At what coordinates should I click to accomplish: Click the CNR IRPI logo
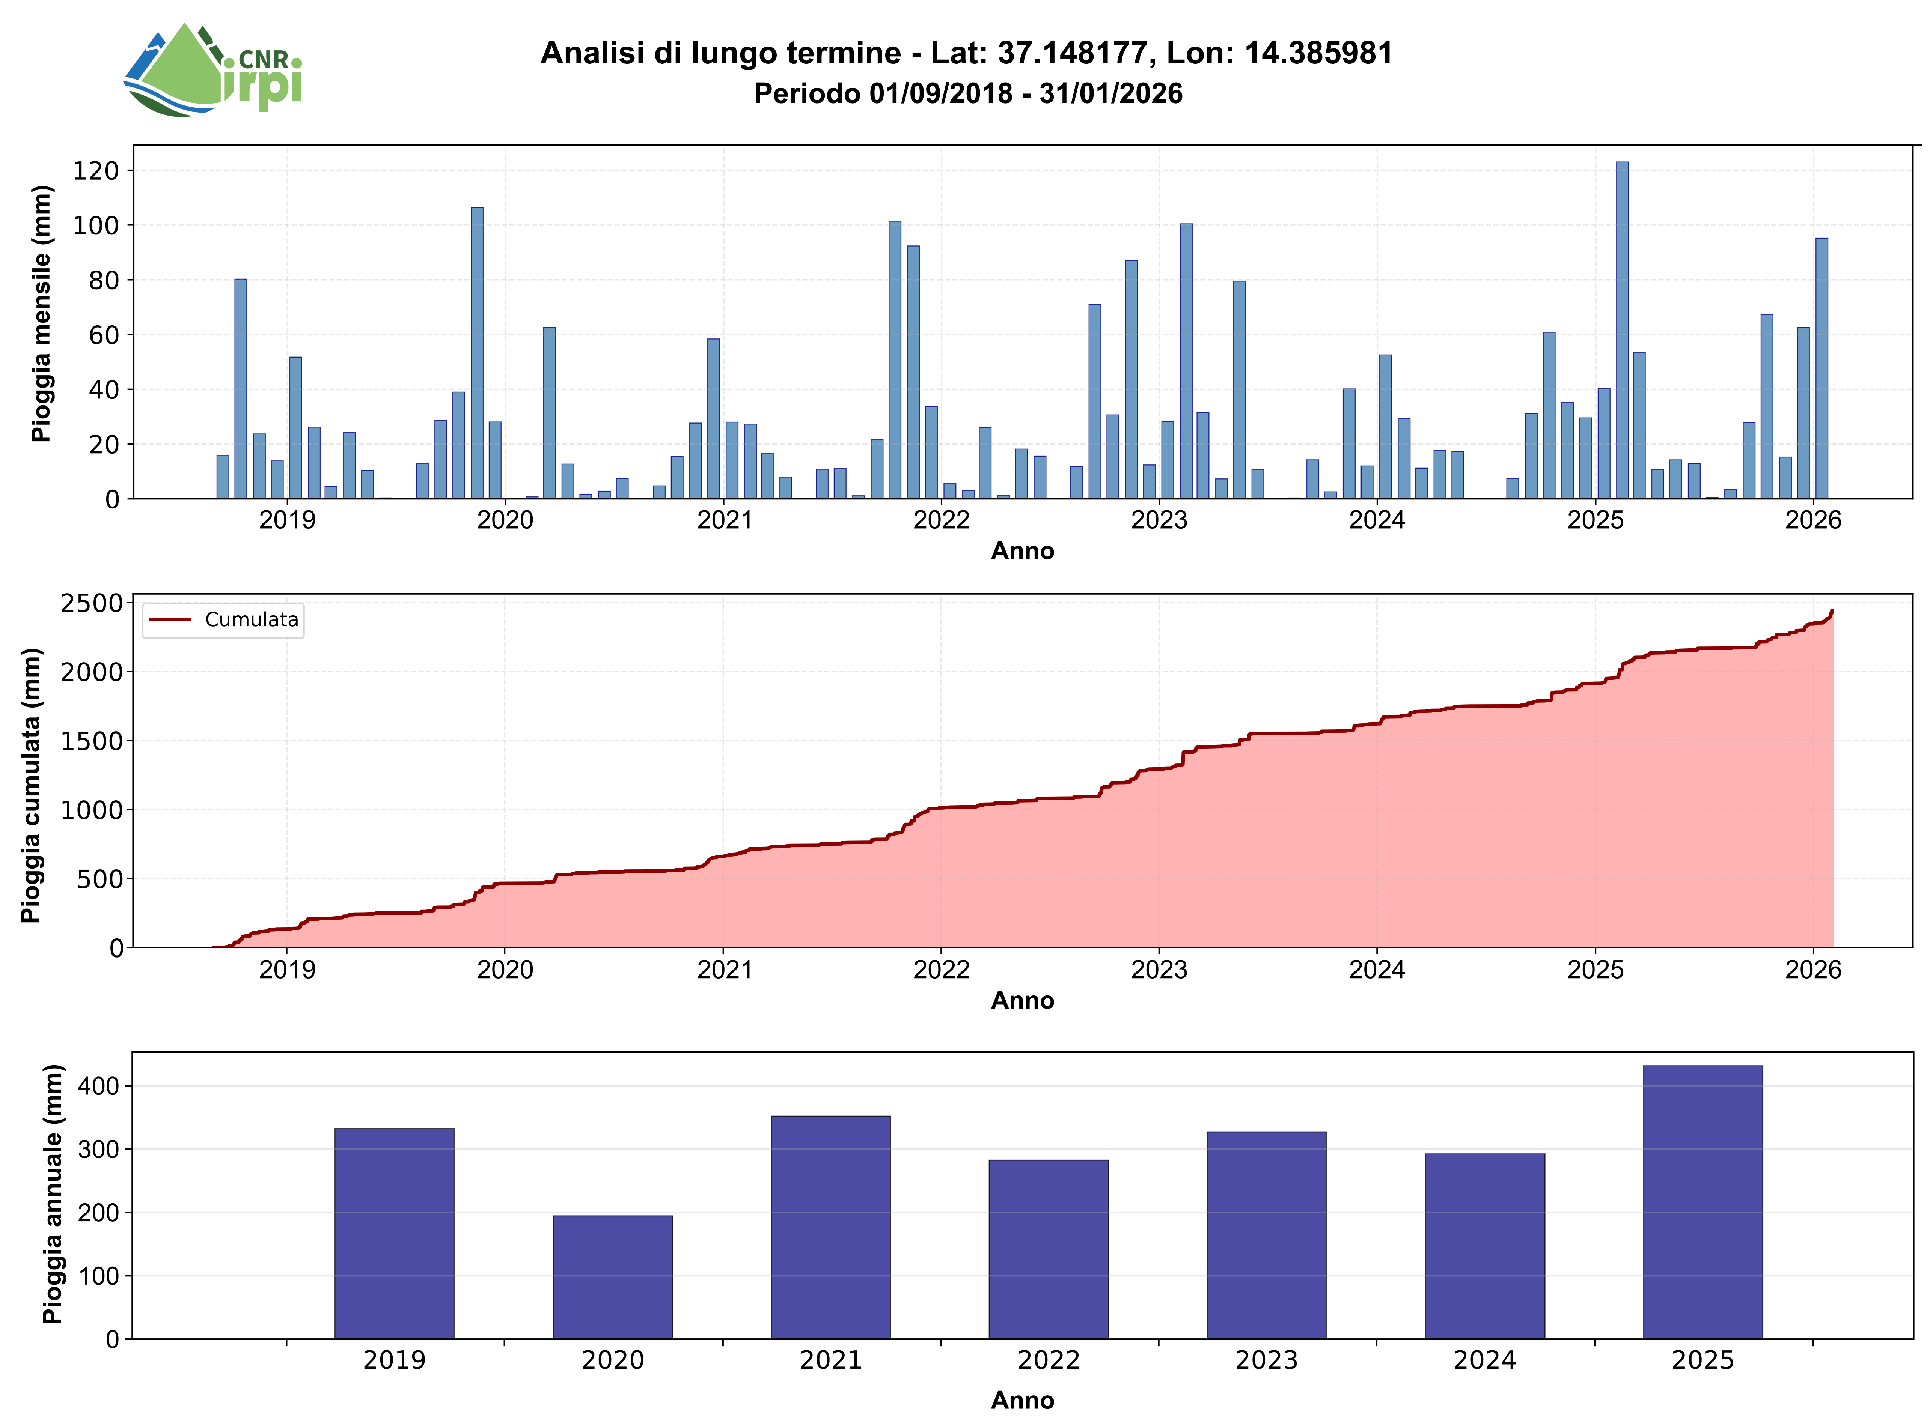[x=213, y=69]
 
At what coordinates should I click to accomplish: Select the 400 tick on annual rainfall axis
[x=98, y=1086]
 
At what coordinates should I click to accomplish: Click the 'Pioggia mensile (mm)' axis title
[x=41, y=314]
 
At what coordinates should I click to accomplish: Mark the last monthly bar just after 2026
[x=1821, y=368]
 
